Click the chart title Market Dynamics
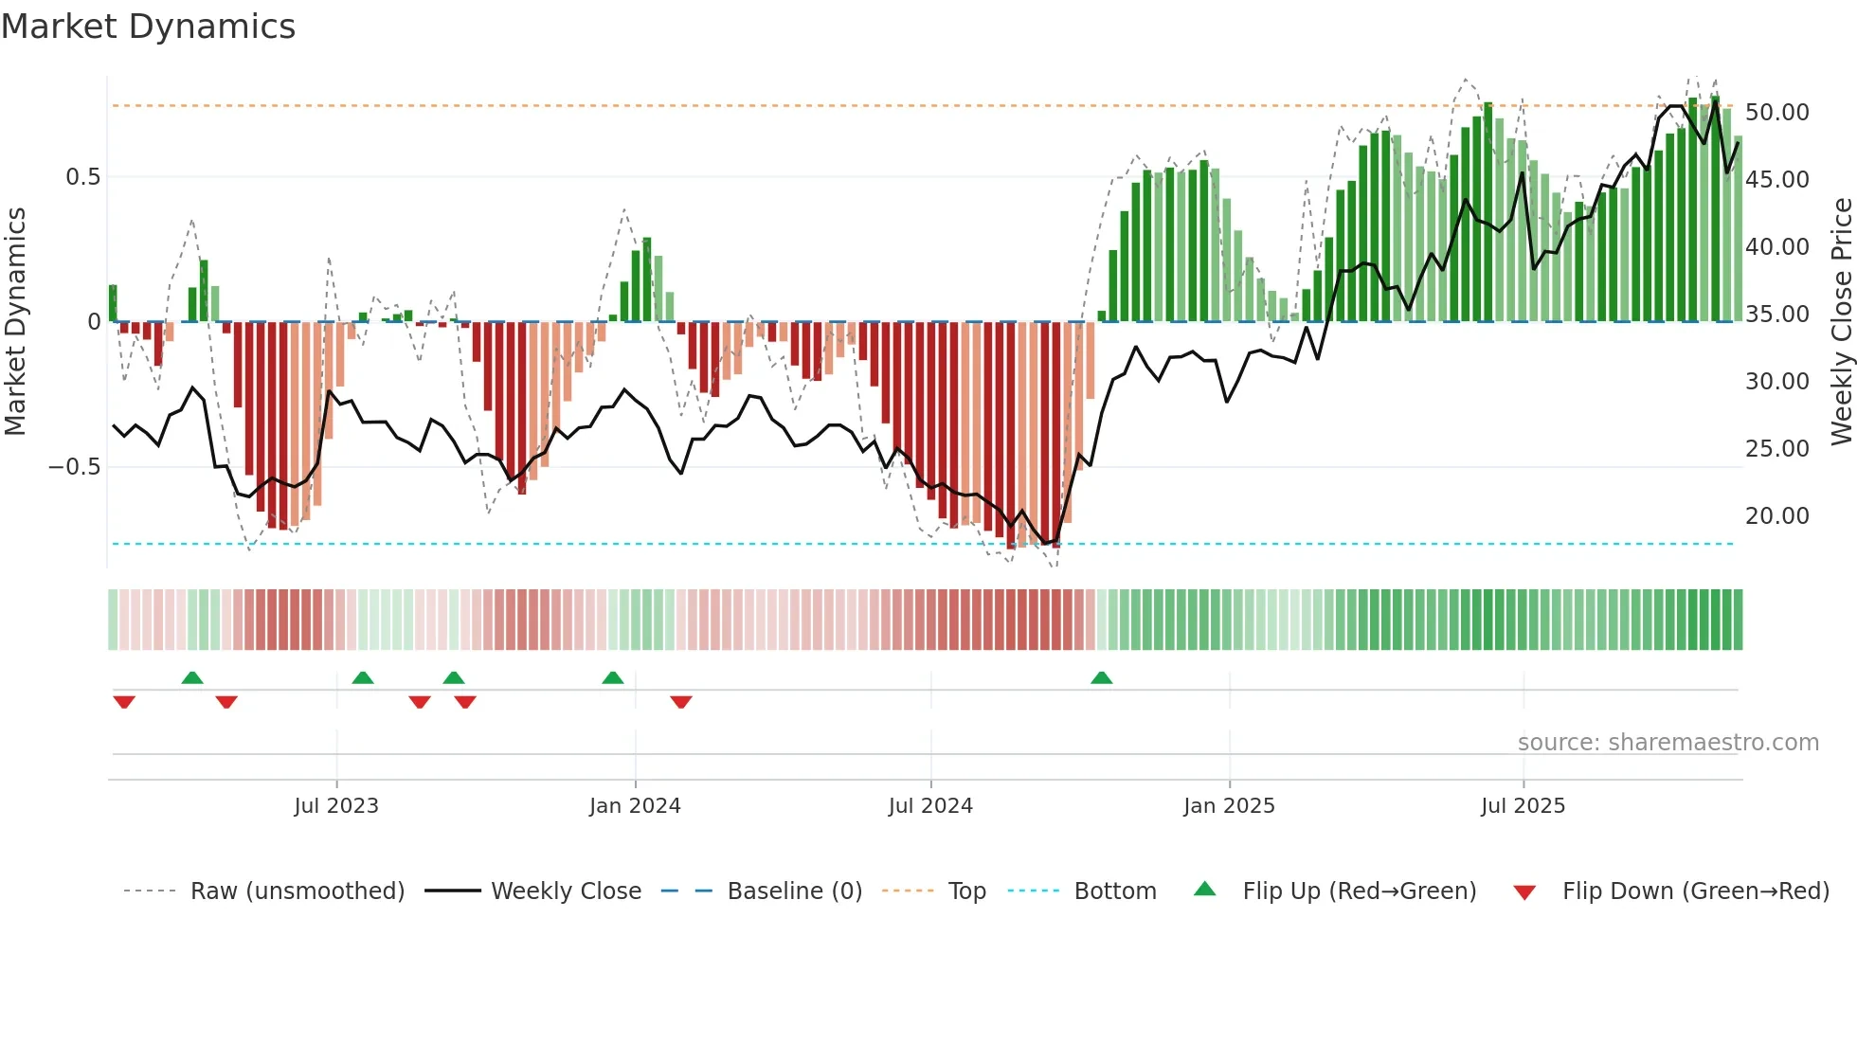148,27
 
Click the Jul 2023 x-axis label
336,806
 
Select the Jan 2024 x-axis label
635,806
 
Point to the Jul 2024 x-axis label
930,806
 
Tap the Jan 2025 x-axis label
1229,806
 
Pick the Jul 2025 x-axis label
1523,806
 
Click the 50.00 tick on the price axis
1776,113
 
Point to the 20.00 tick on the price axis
1776,516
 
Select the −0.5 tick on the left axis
74,467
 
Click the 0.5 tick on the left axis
82,177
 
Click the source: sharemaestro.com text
1668,743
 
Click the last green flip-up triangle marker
1101,678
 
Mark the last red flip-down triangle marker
681,702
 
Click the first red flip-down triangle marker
124,702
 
